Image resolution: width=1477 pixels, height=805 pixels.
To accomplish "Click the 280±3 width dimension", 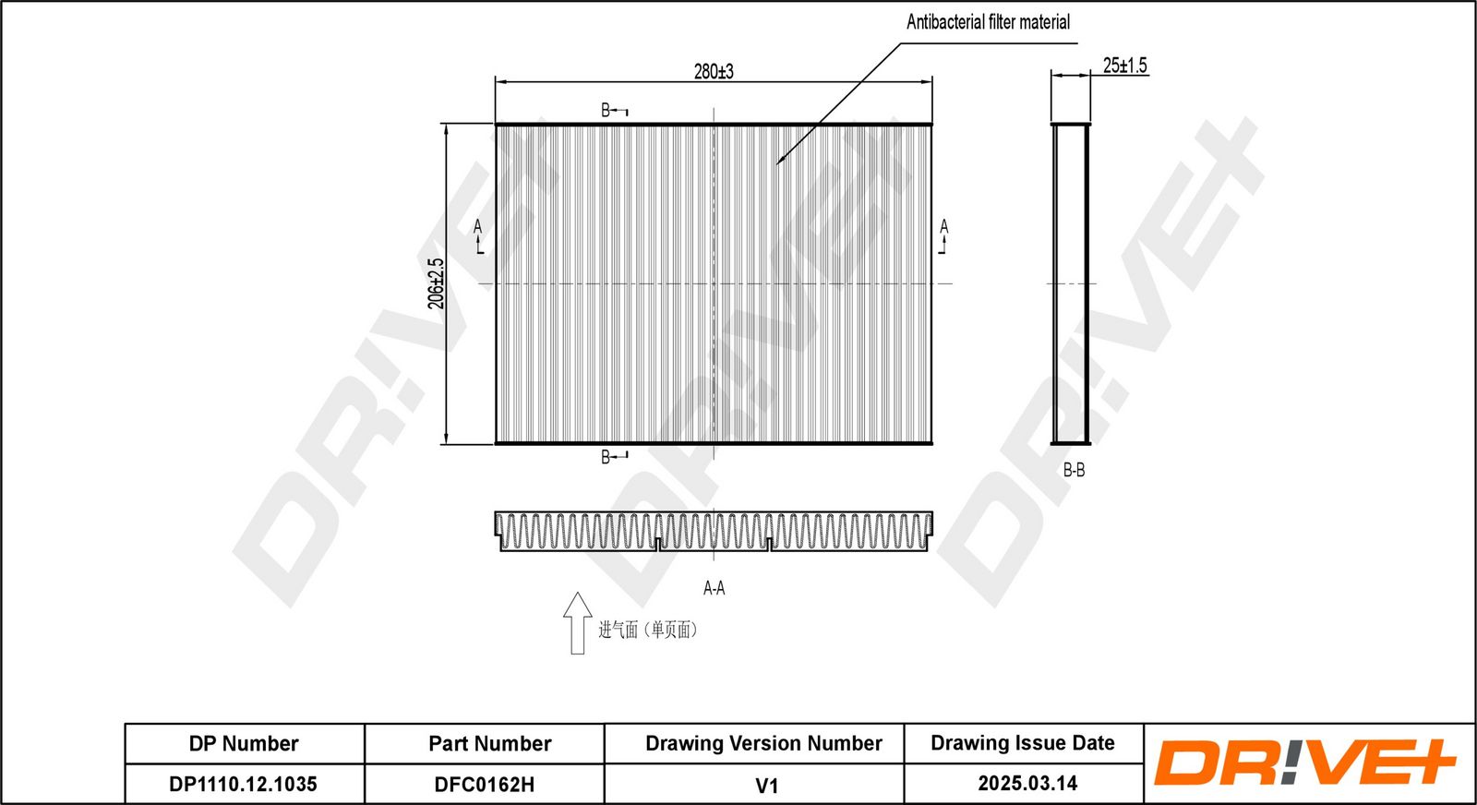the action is tap(714, 71).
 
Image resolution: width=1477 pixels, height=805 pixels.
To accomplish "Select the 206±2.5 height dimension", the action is tap(436, 283).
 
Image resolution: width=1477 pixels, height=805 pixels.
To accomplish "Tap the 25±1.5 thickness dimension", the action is tap(1125, 66).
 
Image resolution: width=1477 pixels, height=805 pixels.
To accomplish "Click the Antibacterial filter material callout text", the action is tap(988, 22).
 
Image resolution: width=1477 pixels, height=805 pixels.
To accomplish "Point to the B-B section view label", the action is tap(1074, 470).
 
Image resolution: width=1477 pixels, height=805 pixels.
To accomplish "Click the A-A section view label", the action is tap(714, 588).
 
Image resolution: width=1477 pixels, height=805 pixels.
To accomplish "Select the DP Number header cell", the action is tap(244, 744).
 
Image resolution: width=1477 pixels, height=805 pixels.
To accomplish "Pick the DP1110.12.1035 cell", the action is tap(244, 784).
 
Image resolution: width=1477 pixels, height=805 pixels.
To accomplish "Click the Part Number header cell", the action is tap(490, 744).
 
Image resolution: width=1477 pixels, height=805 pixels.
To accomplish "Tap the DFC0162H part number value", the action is tap(485, 785).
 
